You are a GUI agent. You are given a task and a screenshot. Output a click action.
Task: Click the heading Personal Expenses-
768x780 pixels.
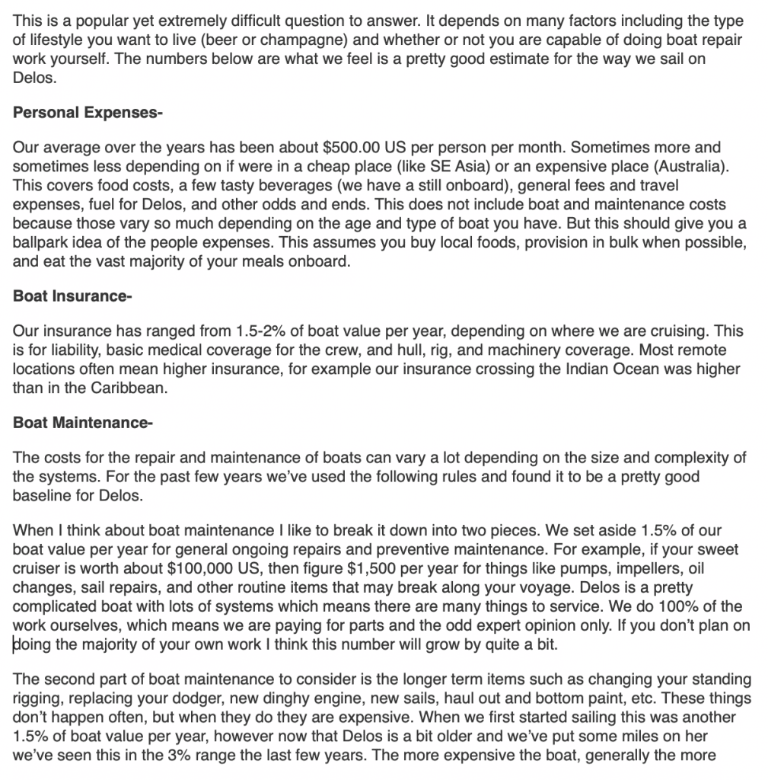click(88, 113)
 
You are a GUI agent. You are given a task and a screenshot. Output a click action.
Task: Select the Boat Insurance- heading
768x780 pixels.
click(72, 296)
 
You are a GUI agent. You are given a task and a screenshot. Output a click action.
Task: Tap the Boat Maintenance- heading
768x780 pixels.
click(82, 423)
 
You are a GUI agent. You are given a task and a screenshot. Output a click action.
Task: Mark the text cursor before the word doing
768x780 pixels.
click(14, 644)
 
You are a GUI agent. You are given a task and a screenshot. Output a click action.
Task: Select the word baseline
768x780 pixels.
click(43, 496)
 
